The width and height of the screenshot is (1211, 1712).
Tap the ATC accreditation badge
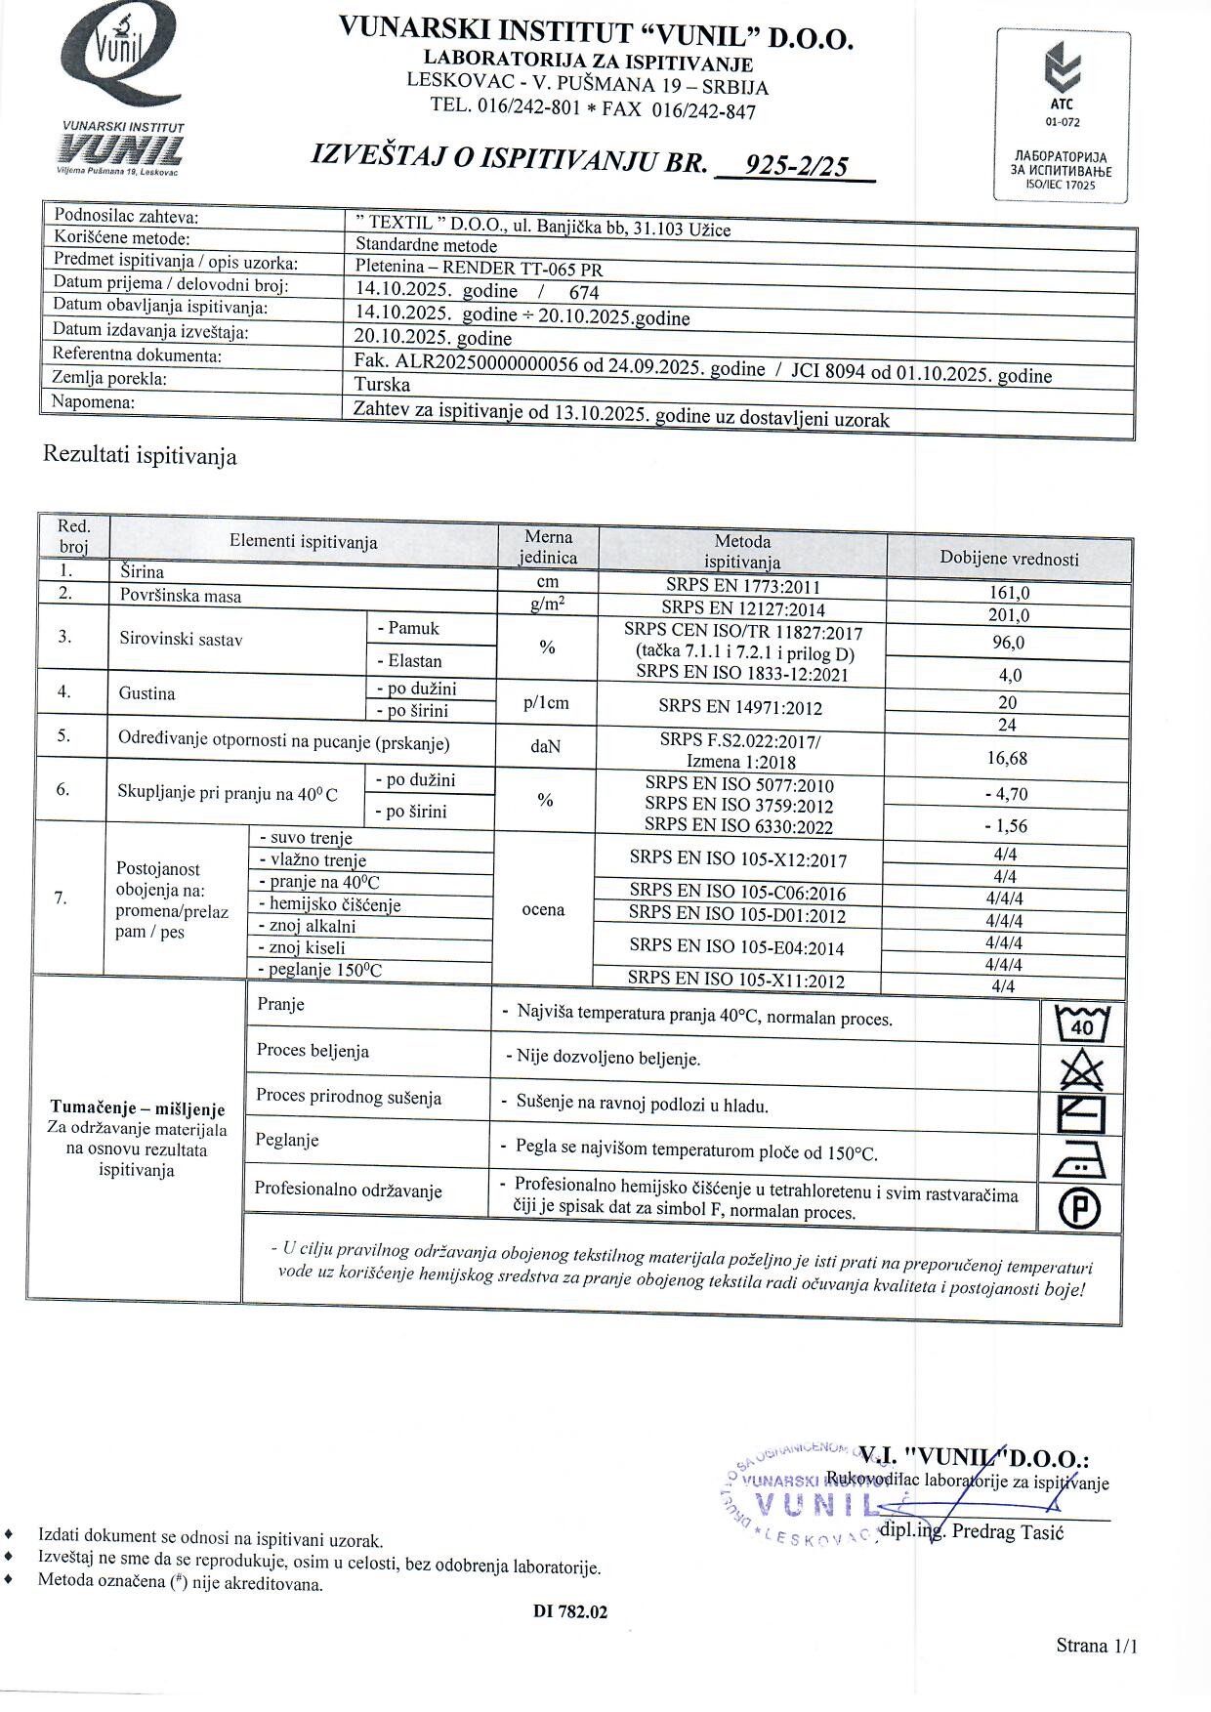point(1062,115)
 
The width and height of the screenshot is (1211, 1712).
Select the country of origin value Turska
point(383,385)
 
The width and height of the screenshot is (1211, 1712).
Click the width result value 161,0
point(1009,593)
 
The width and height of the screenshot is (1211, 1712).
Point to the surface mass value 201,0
point(1009,615)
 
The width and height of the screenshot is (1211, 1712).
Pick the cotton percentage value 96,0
point(1009,643)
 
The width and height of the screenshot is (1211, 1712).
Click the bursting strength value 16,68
point(1007,758)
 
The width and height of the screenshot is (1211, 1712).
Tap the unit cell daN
point(545,746)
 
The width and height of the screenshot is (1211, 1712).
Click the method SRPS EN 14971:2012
point(740,707)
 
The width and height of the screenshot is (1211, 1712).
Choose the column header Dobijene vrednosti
point(1009,559)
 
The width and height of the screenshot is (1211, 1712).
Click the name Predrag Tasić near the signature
point(1008,1531)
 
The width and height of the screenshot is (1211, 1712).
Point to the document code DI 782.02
point(570,1612)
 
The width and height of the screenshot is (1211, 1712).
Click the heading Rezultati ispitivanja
point(140,456)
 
